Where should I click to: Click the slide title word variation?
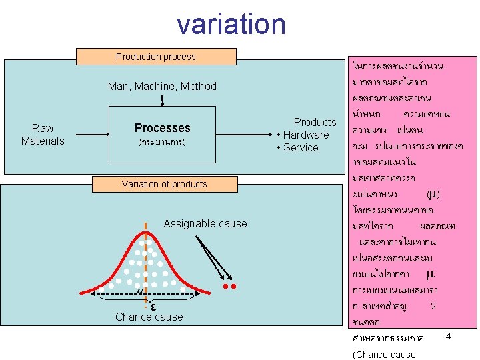click(x=231, y=24)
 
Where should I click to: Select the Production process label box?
click(x=156, y=57)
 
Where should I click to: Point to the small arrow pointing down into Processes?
click(x=162, y=101)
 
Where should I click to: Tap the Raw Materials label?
click(x=43, y=134)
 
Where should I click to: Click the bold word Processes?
click(x=162, y=127)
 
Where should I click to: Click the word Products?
click(x=315, y=122)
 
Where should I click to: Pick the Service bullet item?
click(x=301, y=147)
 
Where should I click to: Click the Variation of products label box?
click(x=164, y=184)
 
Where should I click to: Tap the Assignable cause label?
click(x=205, y=223)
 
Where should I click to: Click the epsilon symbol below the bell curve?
click(x=153, y=306)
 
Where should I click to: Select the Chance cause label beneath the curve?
click(x=149, y=317)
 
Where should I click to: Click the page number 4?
click(x=448, y=336)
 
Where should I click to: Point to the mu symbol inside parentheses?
click(x=432, y=194)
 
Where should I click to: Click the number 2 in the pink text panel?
click(x=433, y=306)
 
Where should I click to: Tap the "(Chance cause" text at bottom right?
click(x=383, y=354)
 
